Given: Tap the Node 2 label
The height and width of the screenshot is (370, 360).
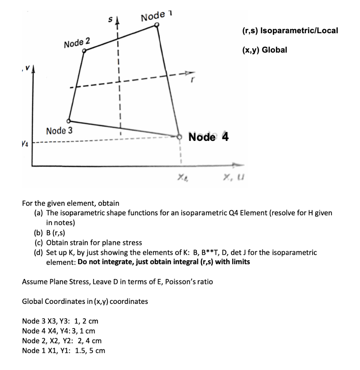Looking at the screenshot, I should tap(77, 42).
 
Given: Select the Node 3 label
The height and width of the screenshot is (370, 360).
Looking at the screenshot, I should tap(59, 130).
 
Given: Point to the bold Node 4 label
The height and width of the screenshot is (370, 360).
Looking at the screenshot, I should tap(209, 137).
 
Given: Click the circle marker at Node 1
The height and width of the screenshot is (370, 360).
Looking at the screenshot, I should tap(157, 25).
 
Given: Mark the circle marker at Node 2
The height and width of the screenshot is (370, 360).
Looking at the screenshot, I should tap(84, 51).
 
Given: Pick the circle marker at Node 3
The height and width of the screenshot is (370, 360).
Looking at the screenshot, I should tap(68, 121).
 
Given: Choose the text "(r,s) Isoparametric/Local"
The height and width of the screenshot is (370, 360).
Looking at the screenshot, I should tap(289, 30).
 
